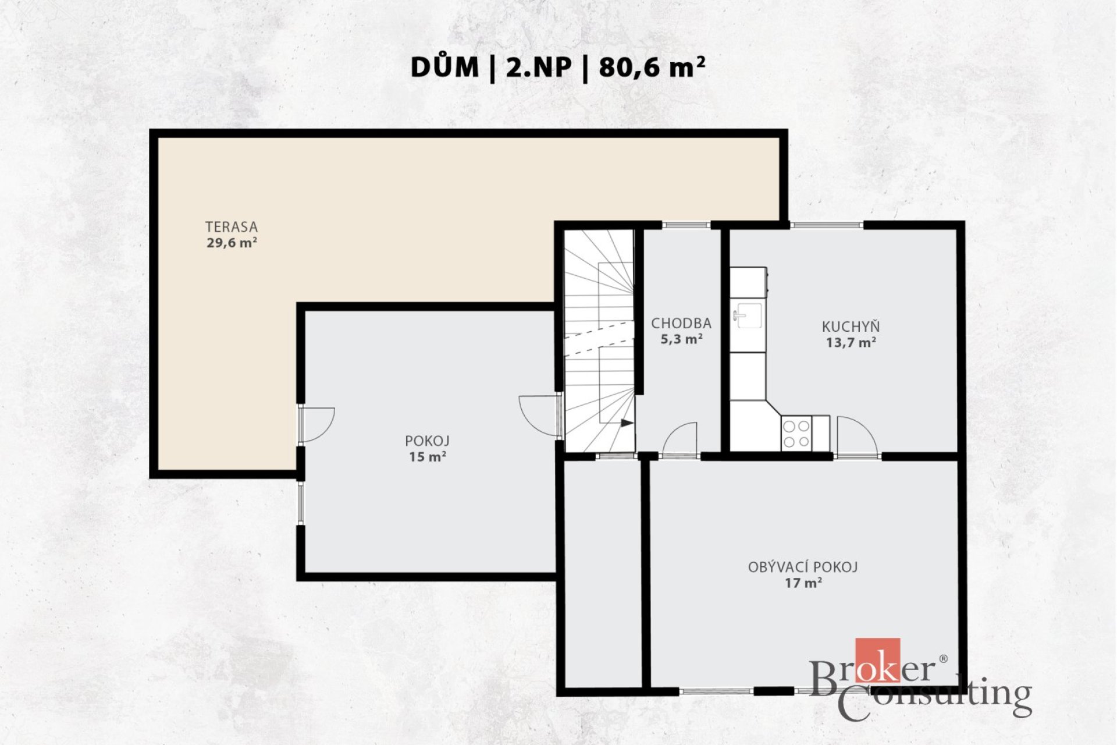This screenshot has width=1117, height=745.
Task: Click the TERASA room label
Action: [x=231, y=227]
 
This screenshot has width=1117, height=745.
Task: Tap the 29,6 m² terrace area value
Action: [x=232, y=243]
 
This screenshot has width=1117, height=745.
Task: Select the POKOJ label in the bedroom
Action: [x=428, y=441]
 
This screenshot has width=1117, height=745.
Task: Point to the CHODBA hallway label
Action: [x=681, y=323]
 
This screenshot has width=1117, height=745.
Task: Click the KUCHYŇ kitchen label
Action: [x=851, y=327]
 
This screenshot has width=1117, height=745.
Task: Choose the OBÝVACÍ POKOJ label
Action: [x=803, y=567]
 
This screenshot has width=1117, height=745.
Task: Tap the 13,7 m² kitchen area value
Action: [x=851, y=343]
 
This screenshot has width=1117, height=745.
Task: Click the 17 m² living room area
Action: [x=803, y=583]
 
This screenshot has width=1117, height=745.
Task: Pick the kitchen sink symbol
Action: [x=748, y=315]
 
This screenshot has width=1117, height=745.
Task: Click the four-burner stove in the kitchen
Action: [x=796, y=434]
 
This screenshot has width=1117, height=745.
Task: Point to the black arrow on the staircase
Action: [x=627, y=423]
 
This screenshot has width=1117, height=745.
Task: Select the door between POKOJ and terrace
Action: [x=316, y=425]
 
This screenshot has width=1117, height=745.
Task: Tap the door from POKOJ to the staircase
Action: [x=540, y=416]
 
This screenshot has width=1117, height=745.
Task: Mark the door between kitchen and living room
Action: [x=856, y=435]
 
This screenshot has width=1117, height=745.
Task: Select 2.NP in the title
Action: [x=539, y=68]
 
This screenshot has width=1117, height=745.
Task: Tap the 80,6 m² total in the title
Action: [x=652, y=67]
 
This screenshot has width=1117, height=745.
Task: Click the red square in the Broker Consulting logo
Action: [x=877, y=660]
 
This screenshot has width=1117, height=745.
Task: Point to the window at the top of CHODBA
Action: [x=686, y=225]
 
